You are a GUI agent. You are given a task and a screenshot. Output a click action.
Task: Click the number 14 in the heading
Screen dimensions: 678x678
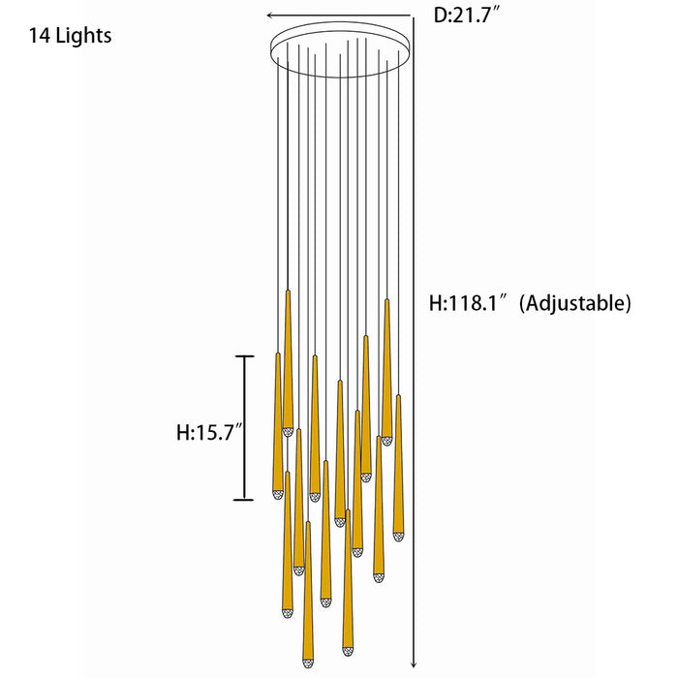click(x=40, y=36)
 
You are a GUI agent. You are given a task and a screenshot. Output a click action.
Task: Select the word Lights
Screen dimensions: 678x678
click(x=84, y=36)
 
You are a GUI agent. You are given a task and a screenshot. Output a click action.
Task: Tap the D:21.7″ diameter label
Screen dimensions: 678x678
click(x=467, y=15)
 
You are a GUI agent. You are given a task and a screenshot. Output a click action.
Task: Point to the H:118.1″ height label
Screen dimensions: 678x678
click(x=468, y=302)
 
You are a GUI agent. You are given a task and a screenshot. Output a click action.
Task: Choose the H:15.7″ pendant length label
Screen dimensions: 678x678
click(x=210, y=432)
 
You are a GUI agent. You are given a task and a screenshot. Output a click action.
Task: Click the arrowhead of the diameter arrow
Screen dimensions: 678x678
click(x=270, y=15)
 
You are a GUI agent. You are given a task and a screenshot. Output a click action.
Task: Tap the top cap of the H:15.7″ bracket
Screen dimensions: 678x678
click(x=244, y=356)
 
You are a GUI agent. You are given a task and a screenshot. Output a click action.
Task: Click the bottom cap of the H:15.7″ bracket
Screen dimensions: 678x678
click(x=244, y=500)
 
